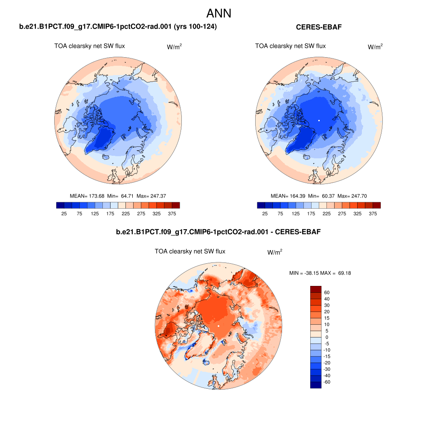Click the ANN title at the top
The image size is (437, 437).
218,13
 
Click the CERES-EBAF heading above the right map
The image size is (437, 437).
319,27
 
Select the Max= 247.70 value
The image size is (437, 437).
352,196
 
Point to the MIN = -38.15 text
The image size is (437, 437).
304,273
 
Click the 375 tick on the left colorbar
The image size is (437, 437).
172,213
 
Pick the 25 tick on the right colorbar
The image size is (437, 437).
265,213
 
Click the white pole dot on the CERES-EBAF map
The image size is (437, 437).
319,121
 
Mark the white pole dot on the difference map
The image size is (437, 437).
218,326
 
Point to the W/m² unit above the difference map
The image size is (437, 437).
275,252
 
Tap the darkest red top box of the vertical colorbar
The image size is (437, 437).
315,289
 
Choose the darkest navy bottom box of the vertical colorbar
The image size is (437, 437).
315,385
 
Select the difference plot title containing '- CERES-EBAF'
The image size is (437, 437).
218,232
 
